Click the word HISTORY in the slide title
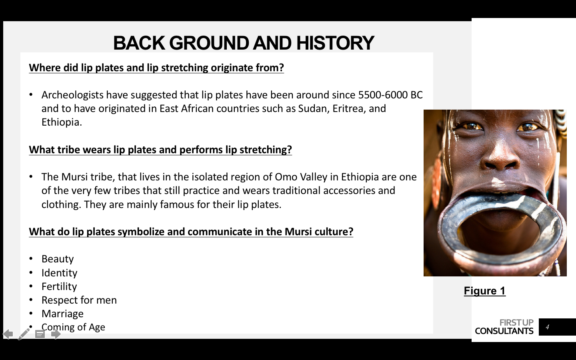(335, 43)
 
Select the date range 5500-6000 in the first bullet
(383, 95)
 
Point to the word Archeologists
(72, 95)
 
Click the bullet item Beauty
(58, 259)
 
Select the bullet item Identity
(59, 273)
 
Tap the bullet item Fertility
(59, 286)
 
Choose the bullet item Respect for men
(79, 300)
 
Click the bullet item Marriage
(62, 314)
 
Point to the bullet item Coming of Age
(73, 327)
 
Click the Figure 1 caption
(485, 291)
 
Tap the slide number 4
(547, 327)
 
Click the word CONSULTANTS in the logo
(504, 331)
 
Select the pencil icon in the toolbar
(24, 334)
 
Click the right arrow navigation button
(56, 334)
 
